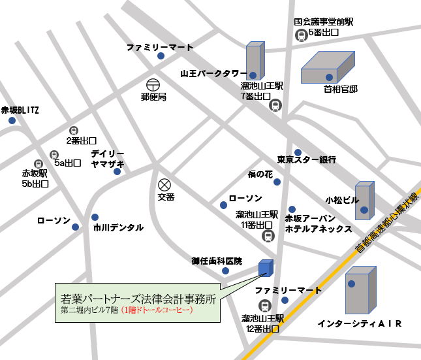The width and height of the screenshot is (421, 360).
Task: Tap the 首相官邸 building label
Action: pos(341,89)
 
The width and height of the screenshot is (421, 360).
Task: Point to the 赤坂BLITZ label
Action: pos(20,110)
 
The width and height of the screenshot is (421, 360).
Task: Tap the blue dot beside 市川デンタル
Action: pos(95,217)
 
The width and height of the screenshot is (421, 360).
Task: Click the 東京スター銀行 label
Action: pos(306,159)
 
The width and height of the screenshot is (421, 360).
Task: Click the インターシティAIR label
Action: pos(358,323)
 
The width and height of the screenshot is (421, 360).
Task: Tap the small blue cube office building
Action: pos(266,268)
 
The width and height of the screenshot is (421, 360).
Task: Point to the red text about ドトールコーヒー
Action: pos(157,311)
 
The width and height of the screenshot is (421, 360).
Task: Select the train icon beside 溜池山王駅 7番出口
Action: pos(277,104)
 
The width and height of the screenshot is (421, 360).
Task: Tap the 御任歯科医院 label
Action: pos(216,261)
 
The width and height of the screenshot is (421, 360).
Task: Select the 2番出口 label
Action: pos(81,140)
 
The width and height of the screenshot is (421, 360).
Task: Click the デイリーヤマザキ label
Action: pos(108,159)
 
